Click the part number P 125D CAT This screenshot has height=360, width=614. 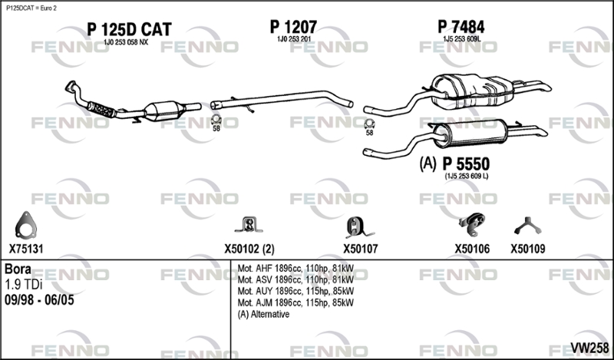129,29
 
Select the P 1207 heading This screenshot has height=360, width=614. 293,27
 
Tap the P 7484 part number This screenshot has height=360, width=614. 461,27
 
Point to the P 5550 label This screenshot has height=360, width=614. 466,164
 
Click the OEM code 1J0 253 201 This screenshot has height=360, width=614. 294,39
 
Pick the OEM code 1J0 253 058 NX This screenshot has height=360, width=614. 126,42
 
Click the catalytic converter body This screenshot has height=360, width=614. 164,111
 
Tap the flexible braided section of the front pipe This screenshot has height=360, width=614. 101,109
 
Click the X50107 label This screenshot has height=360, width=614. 361,249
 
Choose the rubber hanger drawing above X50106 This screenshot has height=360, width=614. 472,224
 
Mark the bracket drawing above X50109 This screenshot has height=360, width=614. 527,226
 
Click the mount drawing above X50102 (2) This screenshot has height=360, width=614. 249,225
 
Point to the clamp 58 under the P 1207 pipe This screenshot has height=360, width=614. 216,120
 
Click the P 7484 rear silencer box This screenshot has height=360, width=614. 472,91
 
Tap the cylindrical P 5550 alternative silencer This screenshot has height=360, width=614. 470,134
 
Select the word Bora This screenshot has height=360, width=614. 18,269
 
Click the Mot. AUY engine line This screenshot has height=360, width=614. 295,291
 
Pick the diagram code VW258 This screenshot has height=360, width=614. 589,348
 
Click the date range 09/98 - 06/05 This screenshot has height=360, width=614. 39,300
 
